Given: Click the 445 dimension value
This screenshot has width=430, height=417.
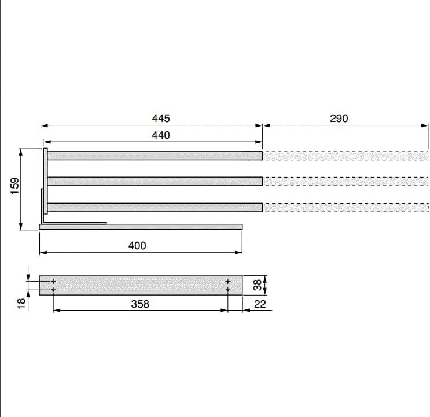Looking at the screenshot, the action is point(161,119).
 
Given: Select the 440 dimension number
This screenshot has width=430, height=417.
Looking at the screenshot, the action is point(161,135).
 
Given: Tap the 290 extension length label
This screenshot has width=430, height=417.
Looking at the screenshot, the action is point(339,119).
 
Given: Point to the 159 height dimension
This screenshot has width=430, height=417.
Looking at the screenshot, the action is point(15,186).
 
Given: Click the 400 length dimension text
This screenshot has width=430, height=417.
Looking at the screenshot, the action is point(137,245).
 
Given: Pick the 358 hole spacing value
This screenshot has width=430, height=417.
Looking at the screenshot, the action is point(140,304).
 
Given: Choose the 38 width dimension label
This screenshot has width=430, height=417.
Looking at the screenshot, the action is point(258,285).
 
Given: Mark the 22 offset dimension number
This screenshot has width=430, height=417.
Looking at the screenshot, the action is point(260,304).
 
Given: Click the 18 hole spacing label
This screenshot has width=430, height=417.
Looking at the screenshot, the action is point(21,304).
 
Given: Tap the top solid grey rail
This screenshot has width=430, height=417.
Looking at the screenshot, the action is point(155,156).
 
